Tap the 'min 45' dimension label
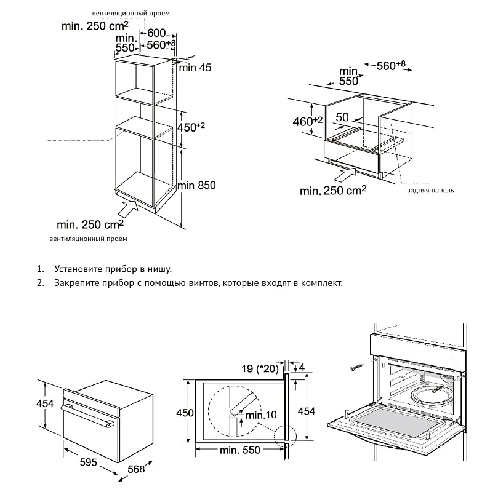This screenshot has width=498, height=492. [195, 68]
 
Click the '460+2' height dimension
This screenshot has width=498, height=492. [308, 121]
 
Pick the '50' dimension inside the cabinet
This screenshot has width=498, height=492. [343, 117]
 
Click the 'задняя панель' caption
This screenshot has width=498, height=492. [430, 191]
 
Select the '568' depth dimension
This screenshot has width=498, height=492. [137, 469]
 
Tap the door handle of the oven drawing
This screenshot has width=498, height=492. [89, 416]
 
